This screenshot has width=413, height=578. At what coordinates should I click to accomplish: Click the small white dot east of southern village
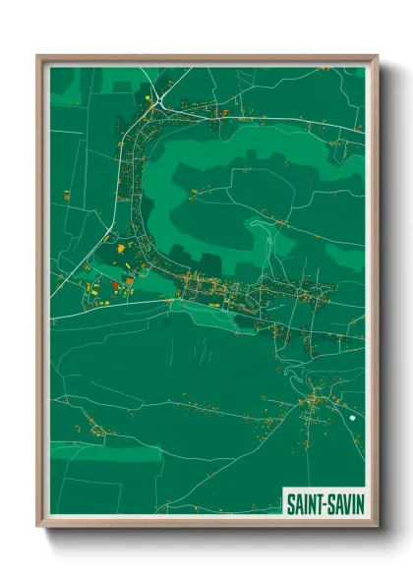(351, 418)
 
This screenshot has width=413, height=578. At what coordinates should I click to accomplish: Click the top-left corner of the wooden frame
(39, 57)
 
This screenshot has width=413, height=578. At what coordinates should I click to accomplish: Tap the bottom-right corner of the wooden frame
(377, 525)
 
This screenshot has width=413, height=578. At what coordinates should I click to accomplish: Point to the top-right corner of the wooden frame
(377, 57)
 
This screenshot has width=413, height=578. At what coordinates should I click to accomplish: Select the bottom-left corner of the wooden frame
(39, 525)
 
